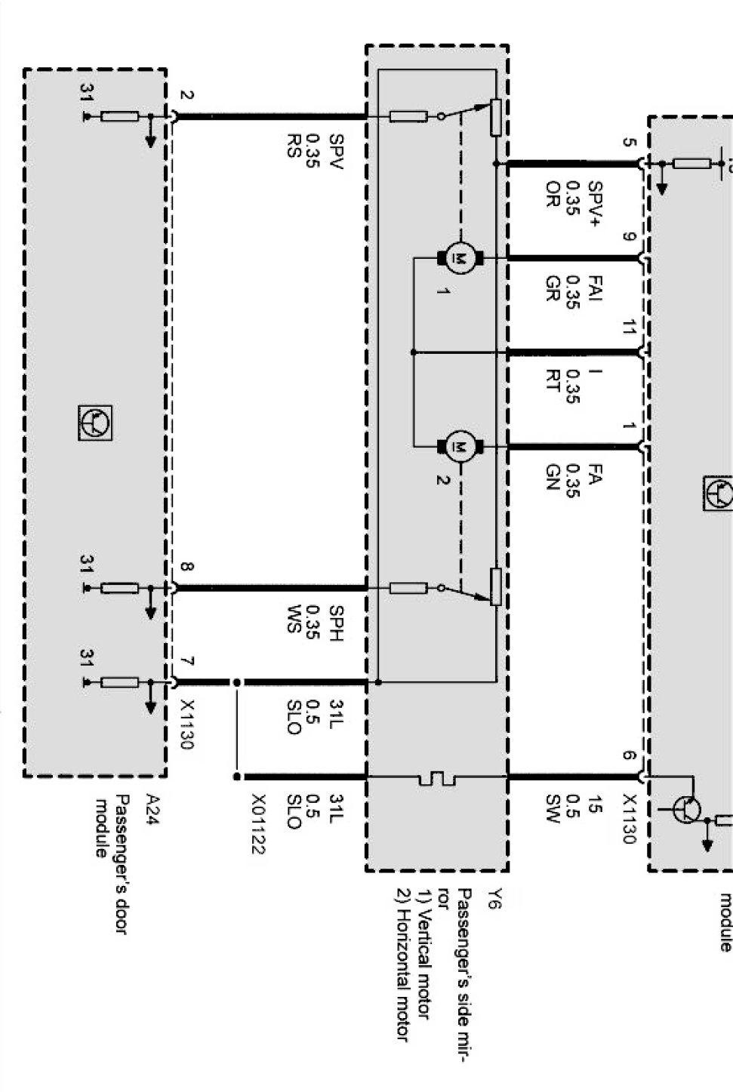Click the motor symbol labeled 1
point(457,258)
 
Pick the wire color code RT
point(552,381)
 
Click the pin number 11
point(628,328)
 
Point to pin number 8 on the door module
point(186,568)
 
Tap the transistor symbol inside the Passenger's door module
point(96,422)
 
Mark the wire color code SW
point(552,808)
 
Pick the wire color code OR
point(552,194)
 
